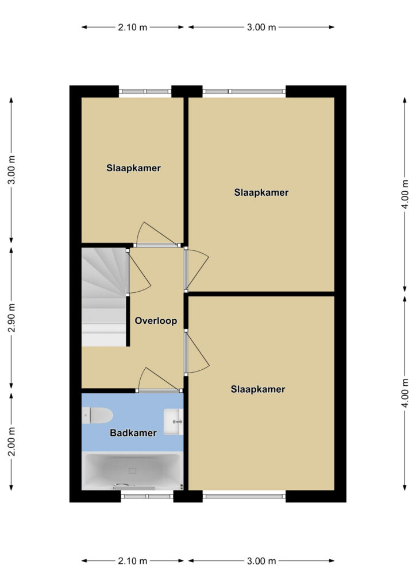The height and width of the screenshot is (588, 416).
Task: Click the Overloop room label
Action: [x=156, y=320]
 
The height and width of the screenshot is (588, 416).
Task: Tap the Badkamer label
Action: [x=133, y=433]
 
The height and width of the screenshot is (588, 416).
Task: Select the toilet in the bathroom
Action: [x=97, y=416]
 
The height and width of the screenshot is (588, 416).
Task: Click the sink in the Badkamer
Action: [x=174, y=422]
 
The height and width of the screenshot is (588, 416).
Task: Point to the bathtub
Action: [x=132, y=471]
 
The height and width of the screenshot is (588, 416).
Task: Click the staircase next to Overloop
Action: [x=104, y=297]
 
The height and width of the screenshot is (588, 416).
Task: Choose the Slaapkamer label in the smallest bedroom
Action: [x=133, y=168]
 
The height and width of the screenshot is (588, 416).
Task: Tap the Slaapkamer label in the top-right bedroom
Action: [x=261, y=192]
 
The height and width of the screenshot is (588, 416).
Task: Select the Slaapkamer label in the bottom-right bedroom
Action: [x=258, y=389]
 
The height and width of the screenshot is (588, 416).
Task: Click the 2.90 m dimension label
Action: [x=12, y=318]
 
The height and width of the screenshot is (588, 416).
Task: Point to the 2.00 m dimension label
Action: [x=12, y=442]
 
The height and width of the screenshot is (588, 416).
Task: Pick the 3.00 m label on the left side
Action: [x=12, y=169]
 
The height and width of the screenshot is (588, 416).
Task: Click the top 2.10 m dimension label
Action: [x=132, y=27]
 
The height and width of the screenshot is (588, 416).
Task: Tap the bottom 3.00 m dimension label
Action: [x=261, y=561]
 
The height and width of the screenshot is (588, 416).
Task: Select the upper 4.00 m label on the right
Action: [x=405, y=194]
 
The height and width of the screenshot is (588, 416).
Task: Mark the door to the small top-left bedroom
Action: [x=156, y=234]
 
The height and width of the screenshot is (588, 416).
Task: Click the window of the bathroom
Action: [x=147, y=497]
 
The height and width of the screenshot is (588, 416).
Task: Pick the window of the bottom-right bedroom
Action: [x=244, y=497]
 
